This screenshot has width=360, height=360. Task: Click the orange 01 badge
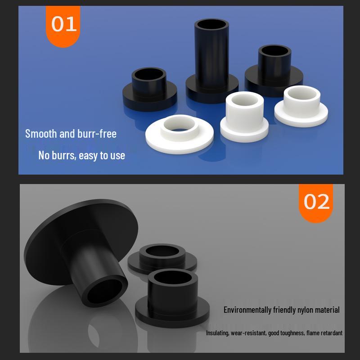click(63, 25)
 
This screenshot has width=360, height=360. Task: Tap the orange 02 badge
click(316, 202)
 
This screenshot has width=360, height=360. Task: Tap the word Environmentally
click(247, 310)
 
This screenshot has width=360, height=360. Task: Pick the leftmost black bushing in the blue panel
click(149, 90)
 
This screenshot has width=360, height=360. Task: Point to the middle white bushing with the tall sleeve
click(244, 115)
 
